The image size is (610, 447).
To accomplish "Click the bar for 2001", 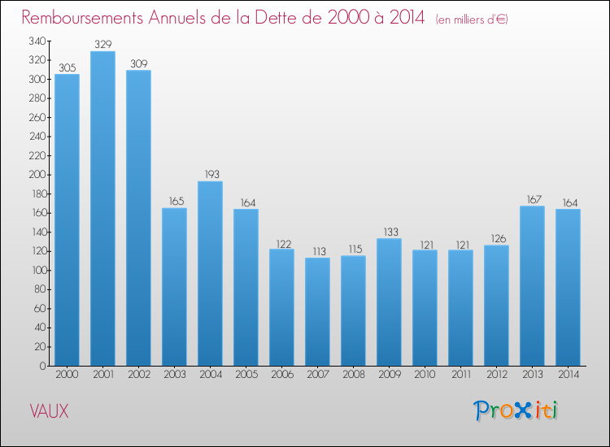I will pos(102,209).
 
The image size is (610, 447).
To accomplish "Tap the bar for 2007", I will pos(317,311).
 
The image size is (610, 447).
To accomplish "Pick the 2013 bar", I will pos(532,285).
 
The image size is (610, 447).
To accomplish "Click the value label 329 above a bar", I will pos(102,44).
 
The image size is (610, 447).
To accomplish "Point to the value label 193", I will pos(210,174).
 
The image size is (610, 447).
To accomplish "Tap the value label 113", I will pos(317,251).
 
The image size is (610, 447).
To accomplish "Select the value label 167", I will pos(532,199).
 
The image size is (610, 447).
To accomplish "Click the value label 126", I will pos(496,238).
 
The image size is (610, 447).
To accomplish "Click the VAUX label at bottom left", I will pos(50,411).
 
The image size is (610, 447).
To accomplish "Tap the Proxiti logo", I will pos(516,410).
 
